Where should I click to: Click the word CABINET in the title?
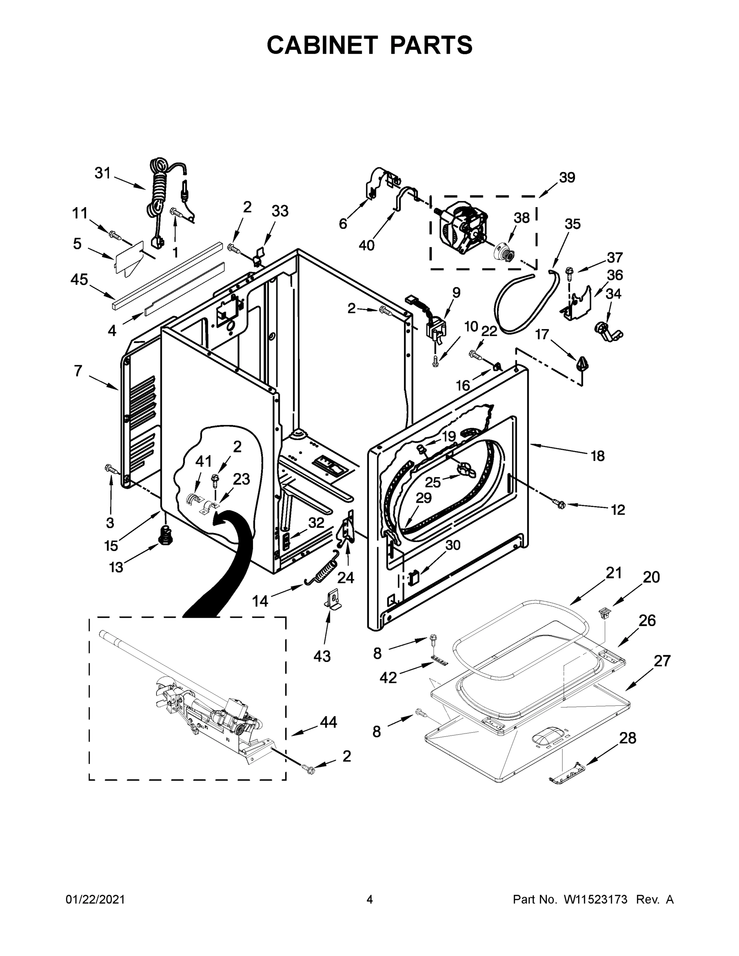point(322,45)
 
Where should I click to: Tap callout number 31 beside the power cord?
point(102,173)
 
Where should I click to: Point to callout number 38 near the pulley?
point(521,217)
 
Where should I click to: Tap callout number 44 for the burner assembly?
point(328,722)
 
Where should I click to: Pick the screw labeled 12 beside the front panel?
point(559,504)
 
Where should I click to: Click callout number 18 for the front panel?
point(598,456)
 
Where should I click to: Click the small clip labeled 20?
point(604,614)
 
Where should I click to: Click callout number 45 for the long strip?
point(79,279)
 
